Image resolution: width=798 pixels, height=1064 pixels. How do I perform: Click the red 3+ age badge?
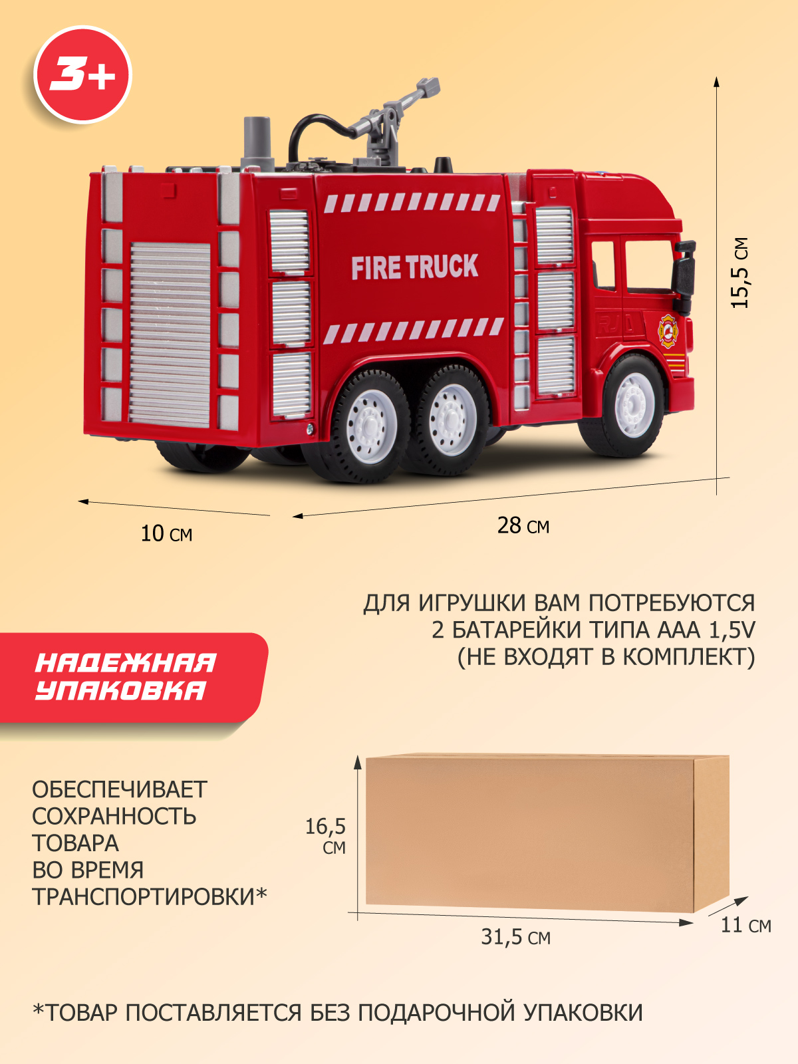(x=82, y=74)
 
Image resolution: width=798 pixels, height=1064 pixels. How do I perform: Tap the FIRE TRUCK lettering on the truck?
(x=414, y=267)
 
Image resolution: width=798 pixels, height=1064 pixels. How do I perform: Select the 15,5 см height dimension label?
(x=740, y=273)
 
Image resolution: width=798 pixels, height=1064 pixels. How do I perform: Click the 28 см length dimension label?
(x=523, y=525)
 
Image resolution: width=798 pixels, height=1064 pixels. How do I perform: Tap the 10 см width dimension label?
(x=166, y=533)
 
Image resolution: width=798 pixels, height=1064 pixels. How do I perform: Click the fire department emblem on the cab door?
(x=667, y=331)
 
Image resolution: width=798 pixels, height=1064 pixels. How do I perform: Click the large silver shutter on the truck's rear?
(x=170, y=332)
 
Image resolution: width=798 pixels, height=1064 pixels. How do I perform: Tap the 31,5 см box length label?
(x=516, y=937)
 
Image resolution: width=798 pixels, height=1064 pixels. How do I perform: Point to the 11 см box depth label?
(x=745, y=925)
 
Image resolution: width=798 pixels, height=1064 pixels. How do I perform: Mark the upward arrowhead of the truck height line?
(x=716, y=81)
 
